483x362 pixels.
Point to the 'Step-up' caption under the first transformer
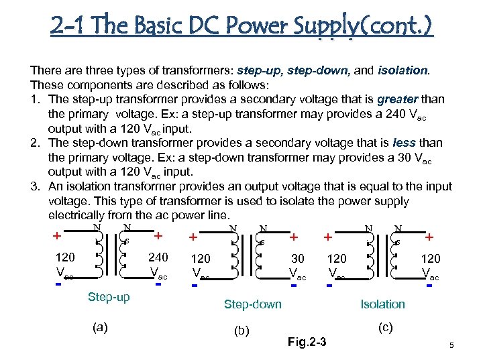[x=109, y=297]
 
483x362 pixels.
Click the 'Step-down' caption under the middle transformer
[x=252, y=304]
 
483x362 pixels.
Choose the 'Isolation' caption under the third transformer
[x=382, y=304]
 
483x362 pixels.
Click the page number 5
[x=452, y=345]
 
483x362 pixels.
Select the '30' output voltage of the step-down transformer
[x=297, y=258]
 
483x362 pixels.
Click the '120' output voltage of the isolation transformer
[x=430, y=258]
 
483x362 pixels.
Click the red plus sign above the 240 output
[x=158, y=236]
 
